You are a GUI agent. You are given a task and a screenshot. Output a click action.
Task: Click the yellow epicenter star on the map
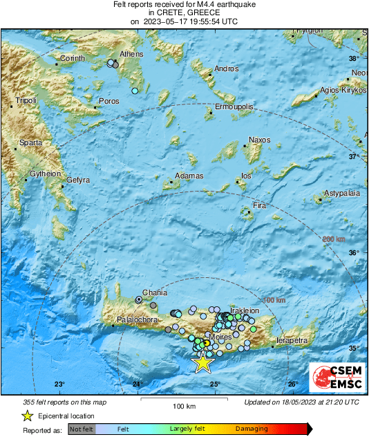pos(203,362)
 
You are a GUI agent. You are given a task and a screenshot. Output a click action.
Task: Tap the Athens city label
pos(131,54)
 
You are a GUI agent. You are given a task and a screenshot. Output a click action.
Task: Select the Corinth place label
pos(71,58)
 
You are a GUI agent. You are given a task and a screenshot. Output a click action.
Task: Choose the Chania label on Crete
pos(155,292)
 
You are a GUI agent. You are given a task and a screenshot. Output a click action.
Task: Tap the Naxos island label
pos(259,140)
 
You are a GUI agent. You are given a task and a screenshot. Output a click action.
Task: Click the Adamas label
pos(189,176)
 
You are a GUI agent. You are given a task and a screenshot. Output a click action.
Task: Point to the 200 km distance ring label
pos(334,239)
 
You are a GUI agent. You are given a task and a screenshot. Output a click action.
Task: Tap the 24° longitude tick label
pos(138,384)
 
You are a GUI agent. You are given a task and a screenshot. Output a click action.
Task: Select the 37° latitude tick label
pos(354,157)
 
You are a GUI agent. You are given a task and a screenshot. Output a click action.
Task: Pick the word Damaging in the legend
pos(252,429)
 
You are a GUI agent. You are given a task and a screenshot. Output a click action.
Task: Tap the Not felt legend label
pos(82,429)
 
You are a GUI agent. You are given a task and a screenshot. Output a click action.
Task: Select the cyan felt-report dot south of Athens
pos(135,91)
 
